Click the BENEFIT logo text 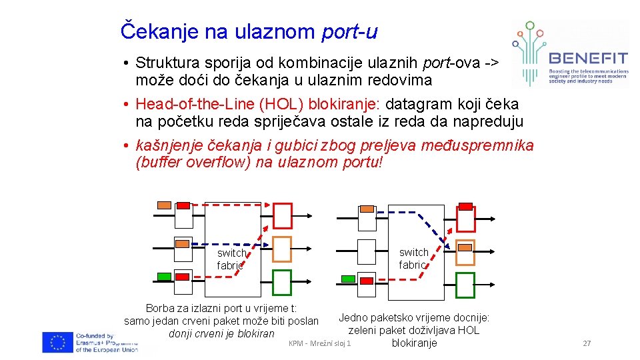pyautogui.click(x=587, y=57)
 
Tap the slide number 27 pyautogui.click(x=587, y=343)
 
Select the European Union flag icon pyautogui.click(x=58, y=342)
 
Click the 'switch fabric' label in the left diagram pyautogui.click(x=231, y=259)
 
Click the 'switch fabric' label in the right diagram pyautogui.click(x=413, y=258)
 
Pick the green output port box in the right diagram pyautogui.click(x=465, y=285)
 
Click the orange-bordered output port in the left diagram pyautogui.click(x=282, y=249)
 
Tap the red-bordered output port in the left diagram pyautogui.click(x=282, y=215)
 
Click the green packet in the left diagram pyautogui.click(x=164, y=277)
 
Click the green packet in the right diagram pyautogui.click(x=348, y=279)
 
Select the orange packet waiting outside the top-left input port pyautogui.click(x=164, y=205)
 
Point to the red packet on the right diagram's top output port pyautogui.click(x=465, y=207)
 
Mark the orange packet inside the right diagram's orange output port pyautogui.click(x=465, y=247)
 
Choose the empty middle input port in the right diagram pyautogui.click(x=367, y=252)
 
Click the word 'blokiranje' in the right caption pyautogui.click(x=414, y=343)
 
